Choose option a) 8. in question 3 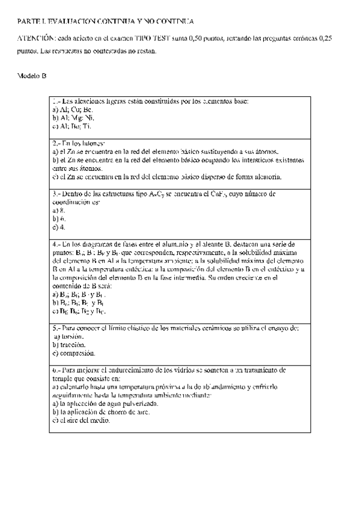tap(58, 211)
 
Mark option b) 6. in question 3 tap(58, 220)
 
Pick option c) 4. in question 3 tap(58, 228)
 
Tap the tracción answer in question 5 tap(70, 345)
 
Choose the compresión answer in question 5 tap(75, 354)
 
